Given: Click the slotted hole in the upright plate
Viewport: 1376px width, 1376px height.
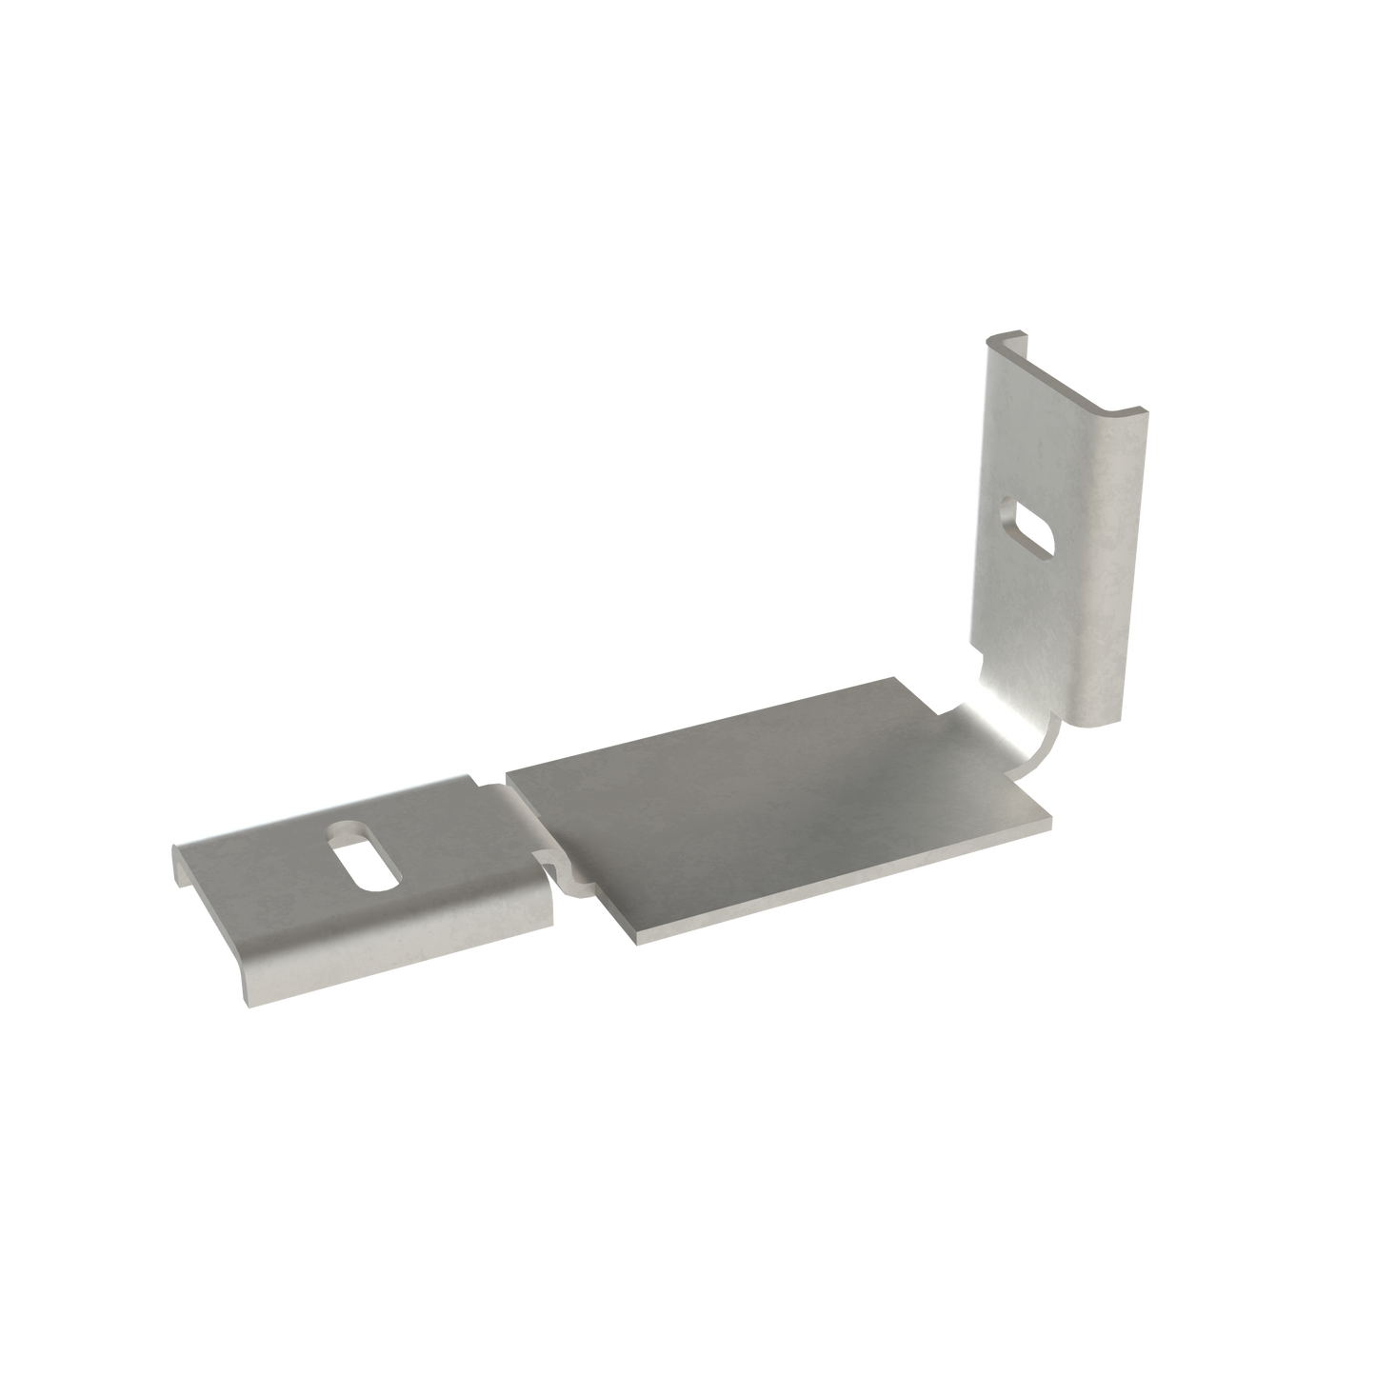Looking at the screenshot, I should click(1031, 528).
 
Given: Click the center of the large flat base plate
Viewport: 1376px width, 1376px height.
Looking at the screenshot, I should click(776, 805).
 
